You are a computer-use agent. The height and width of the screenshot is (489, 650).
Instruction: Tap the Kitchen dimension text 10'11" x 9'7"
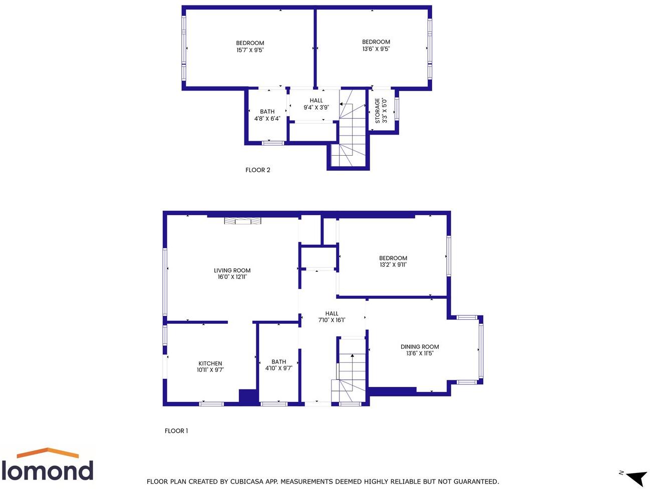(210, 370)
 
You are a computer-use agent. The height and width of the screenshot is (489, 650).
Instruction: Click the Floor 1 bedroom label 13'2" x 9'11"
(393, 262)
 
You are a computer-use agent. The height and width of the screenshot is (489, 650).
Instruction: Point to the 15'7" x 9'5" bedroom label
(250, 47)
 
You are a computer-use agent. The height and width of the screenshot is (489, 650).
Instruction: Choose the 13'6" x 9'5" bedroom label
(376, 46)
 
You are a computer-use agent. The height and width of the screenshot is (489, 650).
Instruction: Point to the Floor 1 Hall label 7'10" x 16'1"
(332, 317)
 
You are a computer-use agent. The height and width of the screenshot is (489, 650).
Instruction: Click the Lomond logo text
(47, 471)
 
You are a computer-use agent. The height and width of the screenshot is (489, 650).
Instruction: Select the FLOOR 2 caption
(257, 170)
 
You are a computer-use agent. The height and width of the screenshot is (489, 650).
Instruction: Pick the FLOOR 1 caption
(176, 431)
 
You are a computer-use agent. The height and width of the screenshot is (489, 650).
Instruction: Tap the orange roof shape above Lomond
(48, 453)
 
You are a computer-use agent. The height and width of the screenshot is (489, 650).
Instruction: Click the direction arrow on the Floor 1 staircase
(352, 356)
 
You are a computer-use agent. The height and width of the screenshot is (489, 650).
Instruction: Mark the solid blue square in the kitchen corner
(248, 396)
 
